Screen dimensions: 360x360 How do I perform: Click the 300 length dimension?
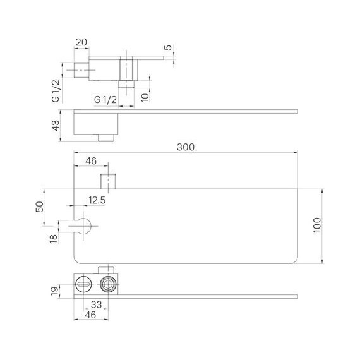pyautogui.click(x=186, y=147)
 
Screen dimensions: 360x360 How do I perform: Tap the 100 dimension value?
pyautogui.click(x=317, y=225)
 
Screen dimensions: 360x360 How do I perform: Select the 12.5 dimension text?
pyautogui.click(x=97, y=200)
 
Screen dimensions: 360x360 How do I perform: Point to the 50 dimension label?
pyautogui.click(x=40, y=207)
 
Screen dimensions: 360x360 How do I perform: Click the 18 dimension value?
pyautogui.click(x=54, y=239)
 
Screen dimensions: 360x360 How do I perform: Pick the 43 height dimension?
pyautogui.click(x=56, y=126)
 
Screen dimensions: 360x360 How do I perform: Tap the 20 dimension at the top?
pyautogui.click(x=81, y=42)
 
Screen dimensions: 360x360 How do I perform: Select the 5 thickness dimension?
pyautogui.click(x=169, y=47)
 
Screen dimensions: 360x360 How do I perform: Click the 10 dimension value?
pyautogui.click(x=145, y=97)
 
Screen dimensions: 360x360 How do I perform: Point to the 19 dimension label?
pyautogui.click(x=55, y=291)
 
